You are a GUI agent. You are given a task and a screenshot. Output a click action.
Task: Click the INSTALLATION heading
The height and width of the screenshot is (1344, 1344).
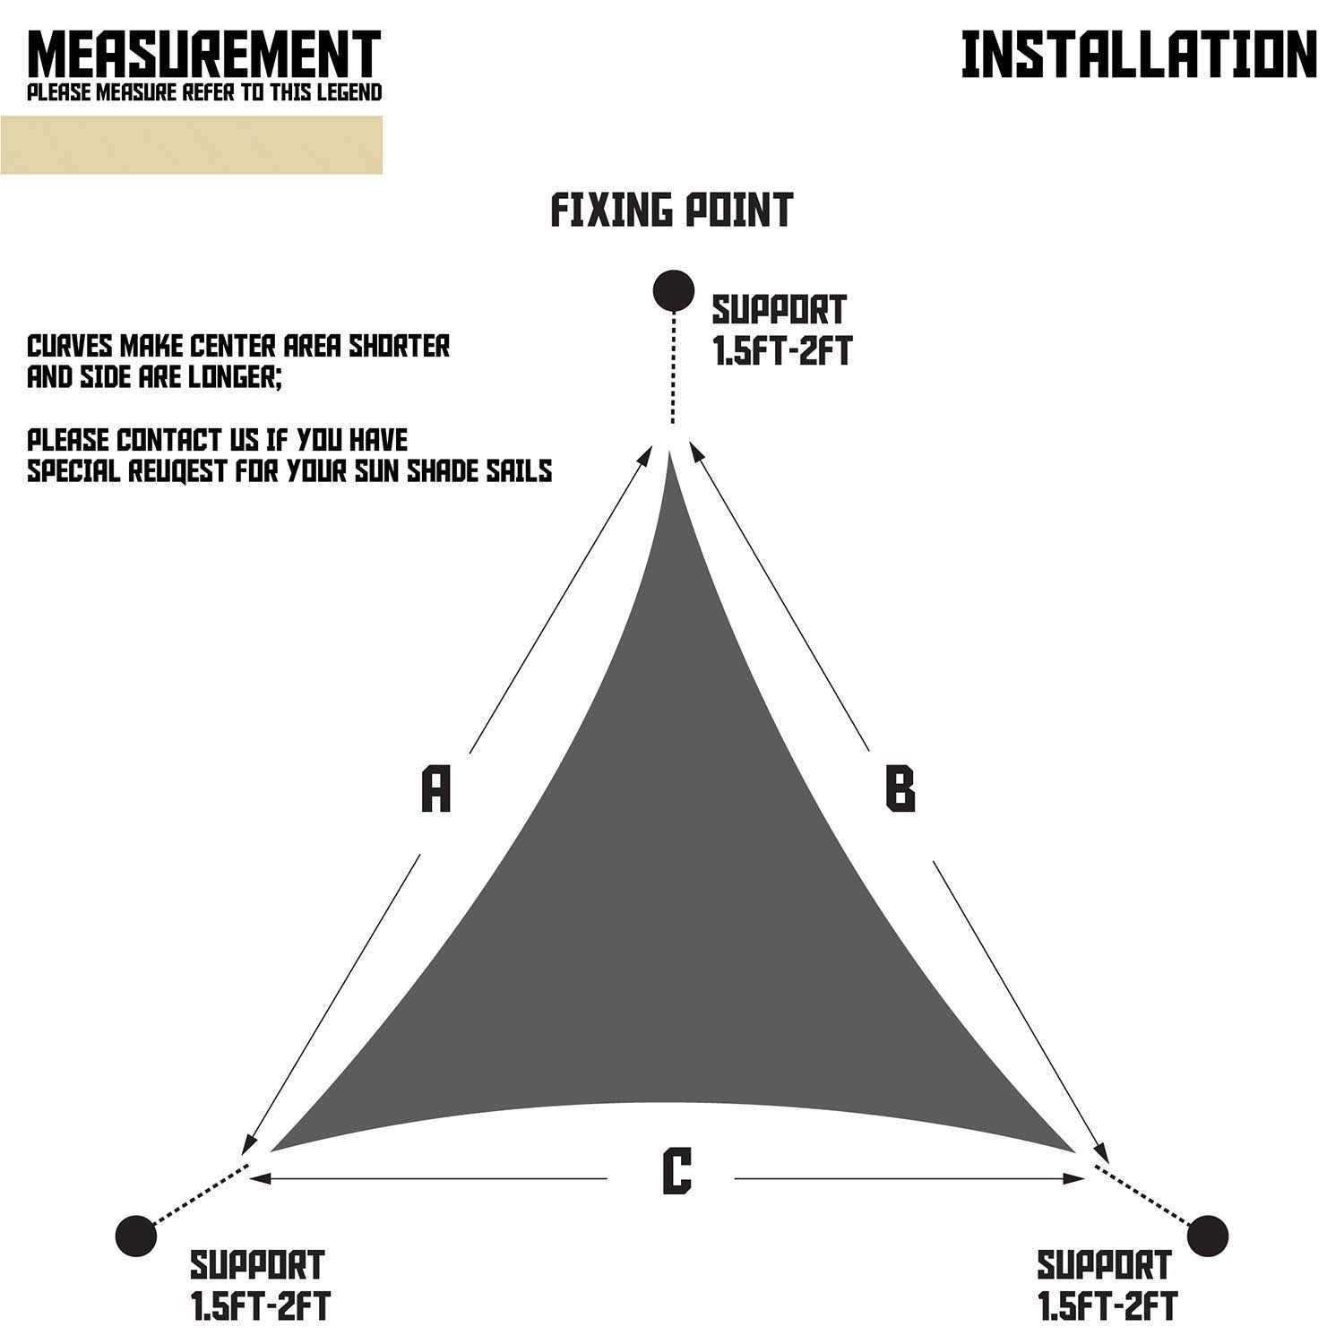tap(1139, 55)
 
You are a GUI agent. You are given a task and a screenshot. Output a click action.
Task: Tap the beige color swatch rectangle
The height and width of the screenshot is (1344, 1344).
tap(191, 144)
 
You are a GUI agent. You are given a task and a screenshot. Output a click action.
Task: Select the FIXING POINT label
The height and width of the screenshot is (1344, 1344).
tap(671, 210)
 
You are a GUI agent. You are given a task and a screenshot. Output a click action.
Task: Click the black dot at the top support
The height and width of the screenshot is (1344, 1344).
tap(674, 290)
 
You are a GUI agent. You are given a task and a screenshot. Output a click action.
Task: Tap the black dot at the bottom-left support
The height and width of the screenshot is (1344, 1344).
tap(136, 1236)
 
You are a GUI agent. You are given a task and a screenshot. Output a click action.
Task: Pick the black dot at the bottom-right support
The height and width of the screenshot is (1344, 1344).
tap(1207, 1236)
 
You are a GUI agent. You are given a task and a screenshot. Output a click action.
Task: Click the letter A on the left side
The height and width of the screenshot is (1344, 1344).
tap(435, 789)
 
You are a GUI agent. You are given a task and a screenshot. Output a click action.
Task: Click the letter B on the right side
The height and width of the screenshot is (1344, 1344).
tap(900, 789)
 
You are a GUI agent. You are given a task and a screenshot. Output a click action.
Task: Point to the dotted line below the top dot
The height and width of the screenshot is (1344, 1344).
tap(673, 367)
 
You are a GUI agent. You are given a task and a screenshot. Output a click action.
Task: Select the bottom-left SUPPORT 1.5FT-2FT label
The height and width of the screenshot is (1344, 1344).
tap(259, 1286)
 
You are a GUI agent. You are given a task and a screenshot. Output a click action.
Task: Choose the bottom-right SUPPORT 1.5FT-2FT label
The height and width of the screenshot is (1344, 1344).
tap(1107, 1286)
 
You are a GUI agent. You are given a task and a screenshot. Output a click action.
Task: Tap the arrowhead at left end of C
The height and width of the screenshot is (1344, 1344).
tap(261, 1177)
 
